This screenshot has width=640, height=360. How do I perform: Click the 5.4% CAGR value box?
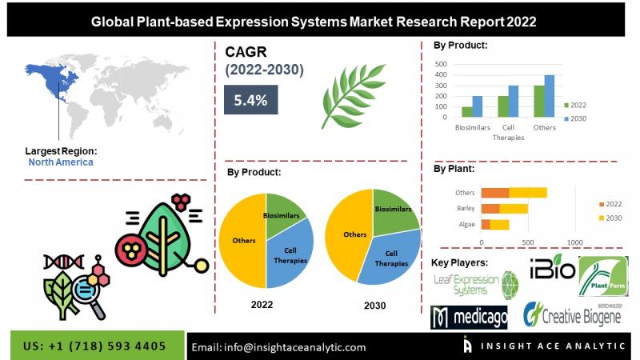click(250, 99)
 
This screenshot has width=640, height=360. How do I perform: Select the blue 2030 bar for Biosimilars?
click(477, 106)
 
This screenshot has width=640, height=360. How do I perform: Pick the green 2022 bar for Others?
click(538, 102)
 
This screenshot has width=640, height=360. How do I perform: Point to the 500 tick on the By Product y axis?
click(441, 64)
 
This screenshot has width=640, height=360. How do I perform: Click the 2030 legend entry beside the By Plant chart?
click(610, 218)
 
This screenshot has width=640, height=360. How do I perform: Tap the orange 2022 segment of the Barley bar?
click(490, 209)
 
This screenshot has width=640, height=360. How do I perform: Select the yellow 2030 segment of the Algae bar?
click(499, 225)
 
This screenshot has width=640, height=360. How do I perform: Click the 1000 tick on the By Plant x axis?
click(574, 242)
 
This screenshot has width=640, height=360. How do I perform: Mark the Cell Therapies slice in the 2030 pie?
click(390, 259)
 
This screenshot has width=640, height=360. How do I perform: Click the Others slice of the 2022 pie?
click(242, 241)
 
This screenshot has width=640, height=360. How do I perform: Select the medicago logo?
click(469, 317)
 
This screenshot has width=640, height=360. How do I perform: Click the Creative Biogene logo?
click(573, 314)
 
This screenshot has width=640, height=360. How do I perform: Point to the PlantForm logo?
click(603, 276)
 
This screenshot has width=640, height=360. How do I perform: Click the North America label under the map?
click(61, 162)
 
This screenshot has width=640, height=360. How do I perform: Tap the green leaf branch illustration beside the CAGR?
click(353, 96)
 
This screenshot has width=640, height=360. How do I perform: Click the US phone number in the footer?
click(94, 346)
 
